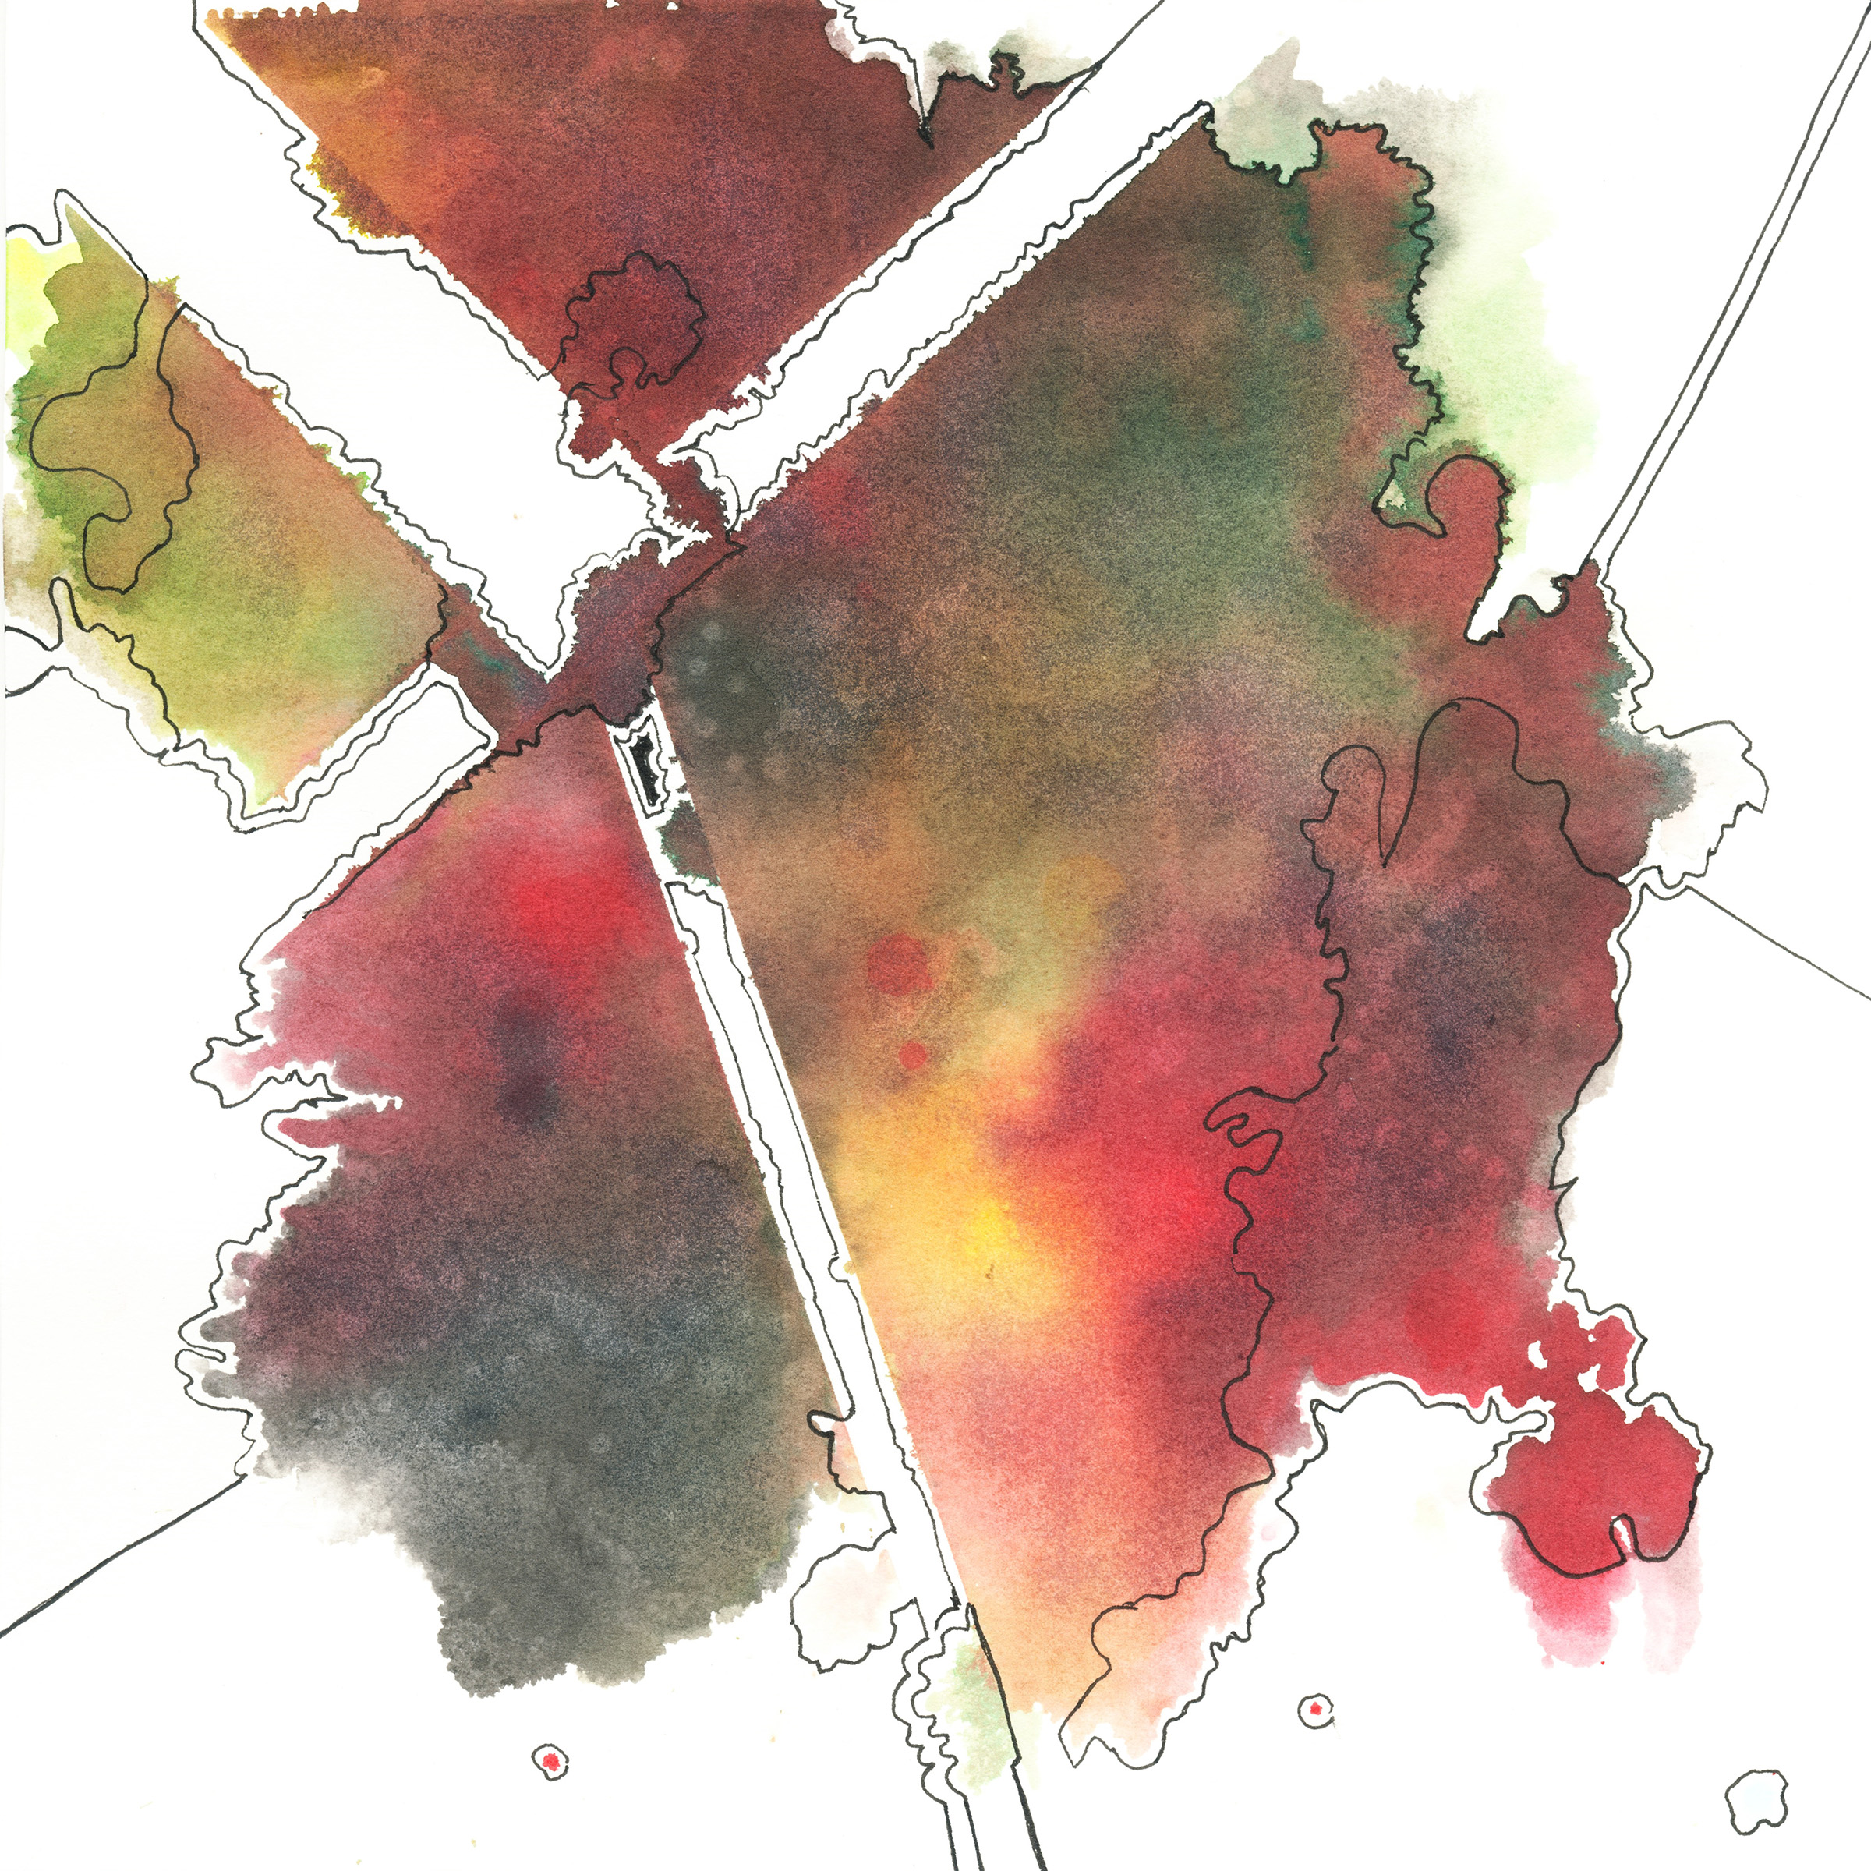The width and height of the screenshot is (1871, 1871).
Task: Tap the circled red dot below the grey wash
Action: click(x=550, y=1759)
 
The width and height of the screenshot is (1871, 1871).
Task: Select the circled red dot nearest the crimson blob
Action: click(x=1314, y=1710)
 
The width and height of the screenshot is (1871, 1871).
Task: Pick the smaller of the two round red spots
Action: click(x=913, y=1055)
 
